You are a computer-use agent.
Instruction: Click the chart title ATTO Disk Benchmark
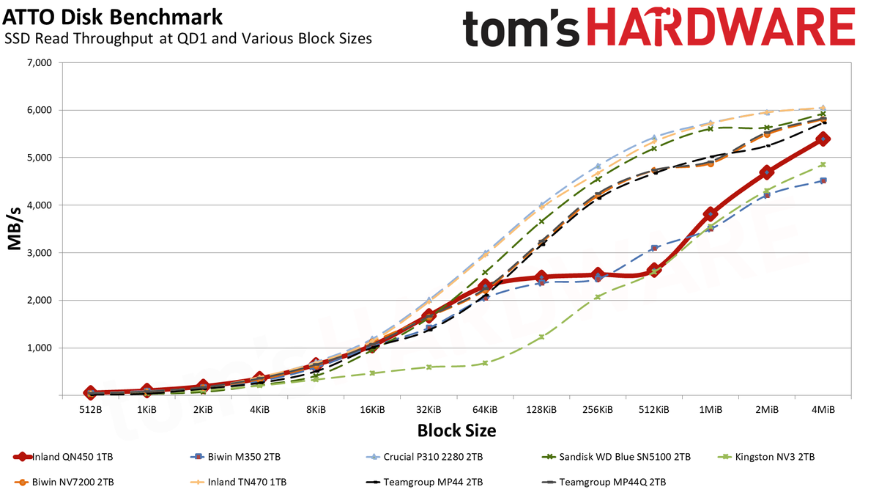112,18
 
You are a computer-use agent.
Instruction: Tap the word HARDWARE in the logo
721,28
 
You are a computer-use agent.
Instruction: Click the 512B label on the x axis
91,410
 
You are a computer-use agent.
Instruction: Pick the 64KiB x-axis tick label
485,410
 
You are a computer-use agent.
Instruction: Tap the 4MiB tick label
823,410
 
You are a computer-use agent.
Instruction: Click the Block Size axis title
456,430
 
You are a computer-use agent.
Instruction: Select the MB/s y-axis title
14,229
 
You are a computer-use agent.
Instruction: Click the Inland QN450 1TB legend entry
63,457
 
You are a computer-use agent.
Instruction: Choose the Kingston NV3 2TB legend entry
766,457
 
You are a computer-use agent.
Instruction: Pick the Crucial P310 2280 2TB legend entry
424,457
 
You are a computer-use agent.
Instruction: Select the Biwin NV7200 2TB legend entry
64,482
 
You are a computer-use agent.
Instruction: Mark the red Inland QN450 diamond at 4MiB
823,139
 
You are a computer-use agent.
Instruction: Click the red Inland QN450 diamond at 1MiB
711,214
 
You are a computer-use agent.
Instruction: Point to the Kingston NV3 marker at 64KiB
485,363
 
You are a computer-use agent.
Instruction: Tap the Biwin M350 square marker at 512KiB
654,248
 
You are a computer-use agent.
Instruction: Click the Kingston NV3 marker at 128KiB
541,337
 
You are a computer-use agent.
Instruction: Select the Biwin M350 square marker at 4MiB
823,180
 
